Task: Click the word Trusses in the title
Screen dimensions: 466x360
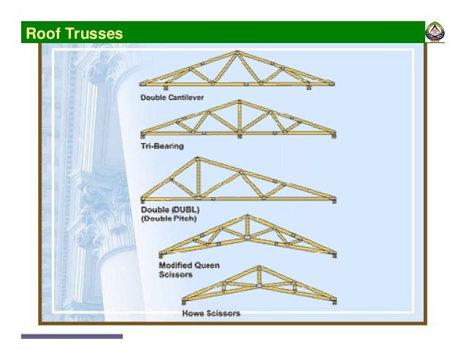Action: [x=93, y=34]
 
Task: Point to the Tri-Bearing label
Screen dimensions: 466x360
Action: [x=162, y=146]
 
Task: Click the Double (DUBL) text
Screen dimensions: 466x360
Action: [x=169, y=209]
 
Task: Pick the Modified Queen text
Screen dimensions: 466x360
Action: [x=189, y=265]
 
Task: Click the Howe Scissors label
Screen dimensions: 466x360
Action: [x=210, y=313]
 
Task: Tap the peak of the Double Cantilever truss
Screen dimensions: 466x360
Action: [x=236, y=53]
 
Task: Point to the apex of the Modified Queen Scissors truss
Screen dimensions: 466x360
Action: [x=248, y=216]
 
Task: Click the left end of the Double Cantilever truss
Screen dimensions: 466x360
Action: [x=142, y=85]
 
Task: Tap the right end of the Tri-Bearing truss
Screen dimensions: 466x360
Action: [x=335, y=134]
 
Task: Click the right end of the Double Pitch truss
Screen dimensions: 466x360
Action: [x=335, y=199]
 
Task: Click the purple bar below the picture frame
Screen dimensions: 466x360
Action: [x=72, y=337]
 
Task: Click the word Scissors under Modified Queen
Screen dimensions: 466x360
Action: [x=175, y=275]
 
